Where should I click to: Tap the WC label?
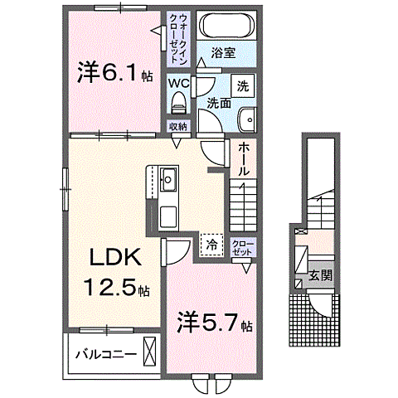(178, 85)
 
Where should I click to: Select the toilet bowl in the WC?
(178, 103)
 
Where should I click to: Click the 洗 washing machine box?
(244, 86)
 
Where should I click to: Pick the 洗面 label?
(218, 104)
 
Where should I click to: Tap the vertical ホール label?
(244, 158)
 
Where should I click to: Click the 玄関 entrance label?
(321, 275)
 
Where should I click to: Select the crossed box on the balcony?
(150, 352)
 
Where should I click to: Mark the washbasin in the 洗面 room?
(245, 120)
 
